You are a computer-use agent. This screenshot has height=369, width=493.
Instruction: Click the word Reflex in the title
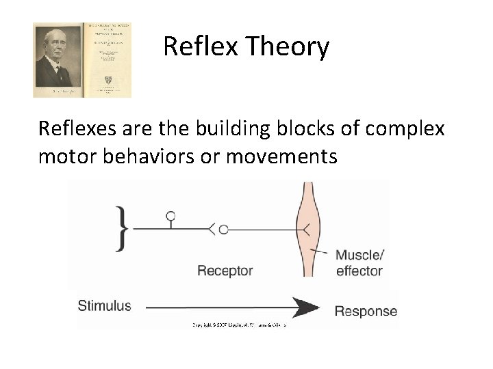pyautogui.click(x=196, y=47)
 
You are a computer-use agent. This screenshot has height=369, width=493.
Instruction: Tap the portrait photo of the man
pyautogui.click(x=58, y=60)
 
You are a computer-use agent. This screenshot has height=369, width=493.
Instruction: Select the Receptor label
pyautogui.click(x=225, y=271)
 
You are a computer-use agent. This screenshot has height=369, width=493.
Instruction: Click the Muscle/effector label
pyautogui.click(x=359, y=263)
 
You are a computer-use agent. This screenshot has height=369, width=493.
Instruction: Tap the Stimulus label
pyautogui.click(x=104, y=305)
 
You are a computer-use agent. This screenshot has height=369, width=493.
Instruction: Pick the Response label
pyautogui.click(x=366, y=312)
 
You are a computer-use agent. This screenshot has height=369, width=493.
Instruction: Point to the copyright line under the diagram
pyautogui.click(x=238, y=325)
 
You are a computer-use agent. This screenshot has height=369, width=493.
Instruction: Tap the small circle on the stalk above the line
pyautogui.click(x=170, y=217)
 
